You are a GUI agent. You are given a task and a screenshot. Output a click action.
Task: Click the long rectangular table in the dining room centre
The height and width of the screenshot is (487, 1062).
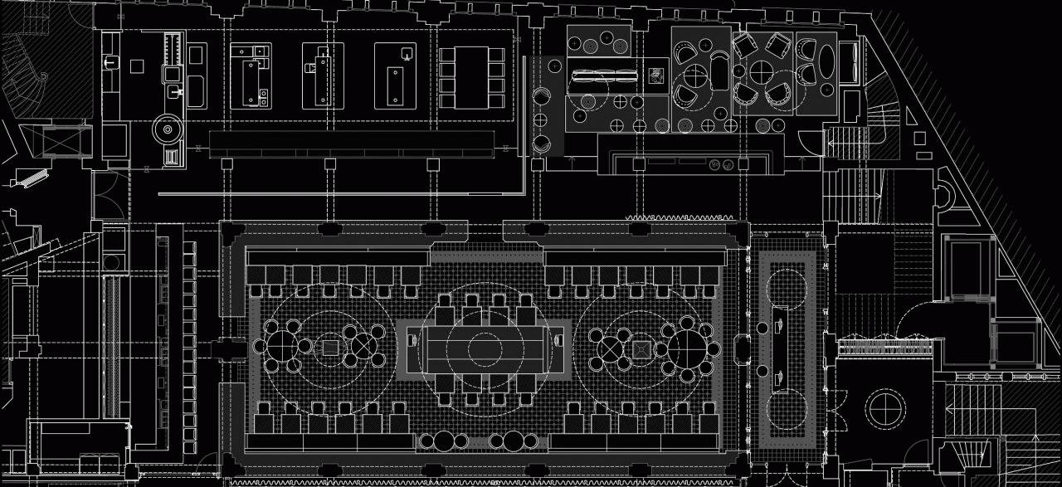pyautogui.click(x=480, y=348)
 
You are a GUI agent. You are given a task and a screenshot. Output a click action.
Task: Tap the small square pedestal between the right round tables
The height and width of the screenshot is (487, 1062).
pyautogui.click(x=641, y=350)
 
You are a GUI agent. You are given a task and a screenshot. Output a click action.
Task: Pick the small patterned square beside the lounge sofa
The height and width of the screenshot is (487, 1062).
pyautogui.click(x=657, y=75)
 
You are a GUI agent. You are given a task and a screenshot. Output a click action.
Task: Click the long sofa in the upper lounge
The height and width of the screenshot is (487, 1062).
pyautogui.click(x=603, y=76)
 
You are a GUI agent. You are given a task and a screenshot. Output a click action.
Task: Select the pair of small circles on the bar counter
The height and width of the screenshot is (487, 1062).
pyautogui.click(x=716, y=164)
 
